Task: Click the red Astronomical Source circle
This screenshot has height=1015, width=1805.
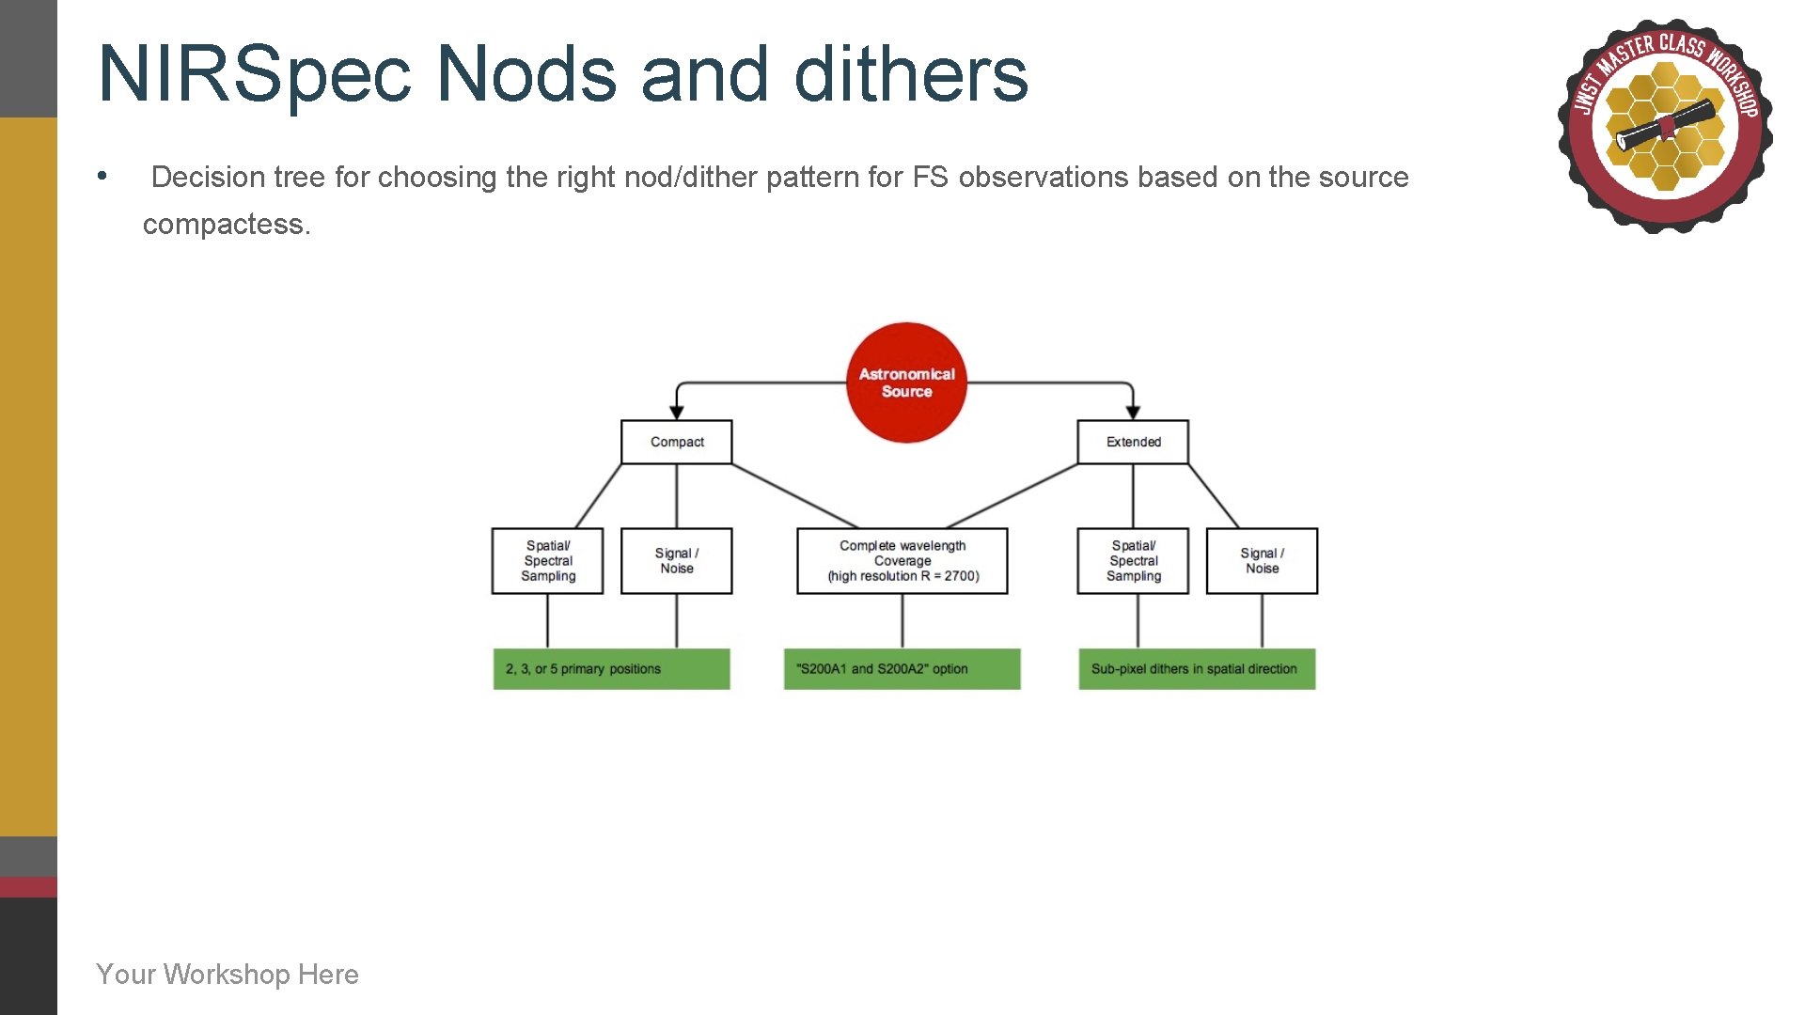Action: [906, 383]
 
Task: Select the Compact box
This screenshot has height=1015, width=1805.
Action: [676, 442]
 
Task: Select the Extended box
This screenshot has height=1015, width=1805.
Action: [1133, 442]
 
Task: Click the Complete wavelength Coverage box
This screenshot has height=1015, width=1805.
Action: [902, 560]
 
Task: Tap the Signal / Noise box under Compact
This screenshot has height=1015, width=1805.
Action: [676, 560]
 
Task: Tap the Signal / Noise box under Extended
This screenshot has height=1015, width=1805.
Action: [1262, 560]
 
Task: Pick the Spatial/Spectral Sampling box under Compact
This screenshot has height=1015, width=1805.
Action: [547, 560]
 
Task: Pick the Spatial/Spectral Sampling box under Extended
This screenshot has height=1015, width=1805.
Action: [1133, 560]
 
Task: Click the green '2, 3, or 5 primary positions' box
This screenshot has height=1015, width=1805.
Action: [611, 669]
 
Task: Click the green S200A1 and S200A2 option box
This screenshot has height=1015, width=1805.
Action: [902, 669]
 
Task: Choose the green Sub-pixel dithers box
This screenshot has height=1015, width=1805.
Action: [1196, 669]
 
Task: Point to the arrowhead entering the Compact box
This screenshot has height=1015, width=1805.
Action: [676, 413]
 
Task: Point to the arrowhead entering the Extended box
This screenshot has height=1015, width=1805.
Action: [1133, 413]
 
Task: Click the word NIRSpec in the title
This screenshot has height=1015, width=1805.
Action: [255, 75]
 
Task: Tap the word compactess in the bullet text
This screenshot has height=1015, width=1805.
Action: [226, 225]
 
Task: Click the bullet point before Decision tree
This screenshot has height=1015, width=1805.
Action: [102, 176]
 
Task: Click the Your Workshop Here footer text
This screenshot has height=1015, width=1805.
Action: [228, 974]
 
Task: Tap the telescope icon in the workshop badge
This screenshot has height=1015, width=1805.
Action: [1665, 127]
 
